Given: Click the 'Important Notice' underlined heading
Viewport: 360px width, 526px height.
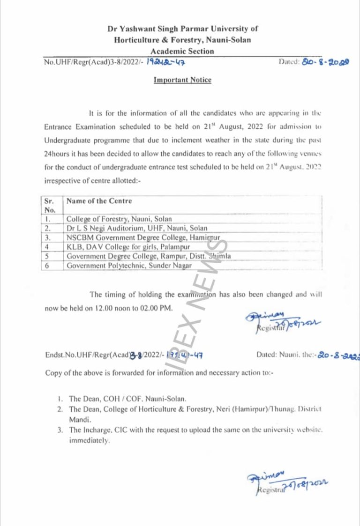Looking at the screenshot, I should point(182,80).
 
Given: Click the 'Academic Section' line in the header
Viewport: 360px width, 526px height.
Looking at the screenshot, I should point(182,52).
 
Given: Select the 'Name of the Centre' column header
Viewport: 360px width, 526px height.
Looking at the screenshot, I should point(99,201).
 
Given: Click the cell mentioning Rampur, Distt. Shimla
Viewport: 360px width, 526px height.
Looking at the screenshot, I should point(148,256).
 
